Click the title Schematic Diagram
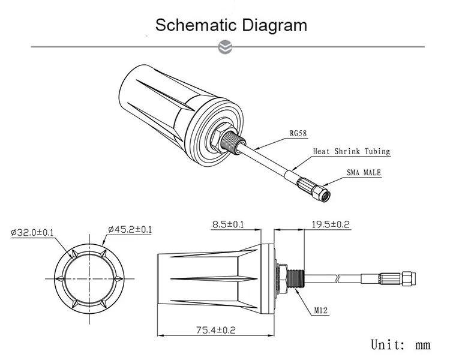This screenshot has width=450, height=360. [x=231, y=25]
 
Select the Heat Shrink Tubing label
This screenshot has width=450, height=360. [x=351, y=152]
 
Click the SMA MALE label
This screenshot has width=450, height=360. [x=364, y=173]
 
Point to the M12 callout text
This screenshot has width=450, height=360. [x=322, y=311]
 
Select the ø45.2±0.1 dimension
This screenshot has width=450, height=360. [x=130, y=229]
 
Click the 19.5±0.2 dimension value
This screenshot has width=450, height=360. [x=330, y=225]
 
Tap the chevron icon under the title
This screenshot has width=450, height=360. [x=226, y=46]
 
